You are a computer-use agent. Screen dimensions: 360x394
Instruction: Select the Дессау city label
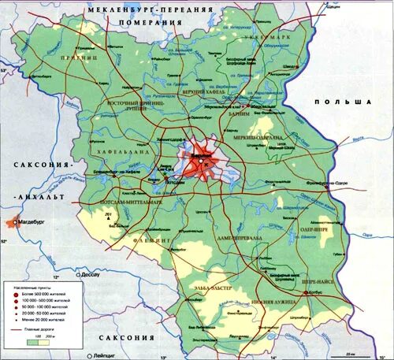pyautogui.click(x=90, y=276)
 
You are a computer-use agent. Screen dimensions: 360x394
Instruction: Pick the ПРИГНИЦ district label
pyautogui.click(x=80, y=57)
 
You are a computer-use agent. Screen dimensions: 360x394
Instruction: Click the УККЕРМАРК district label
pyautogui.click(x=267, y=38)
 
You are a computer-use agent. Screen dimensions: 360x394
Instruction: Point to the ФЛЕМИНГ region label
pyautogui.click(x=151, y=238)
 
